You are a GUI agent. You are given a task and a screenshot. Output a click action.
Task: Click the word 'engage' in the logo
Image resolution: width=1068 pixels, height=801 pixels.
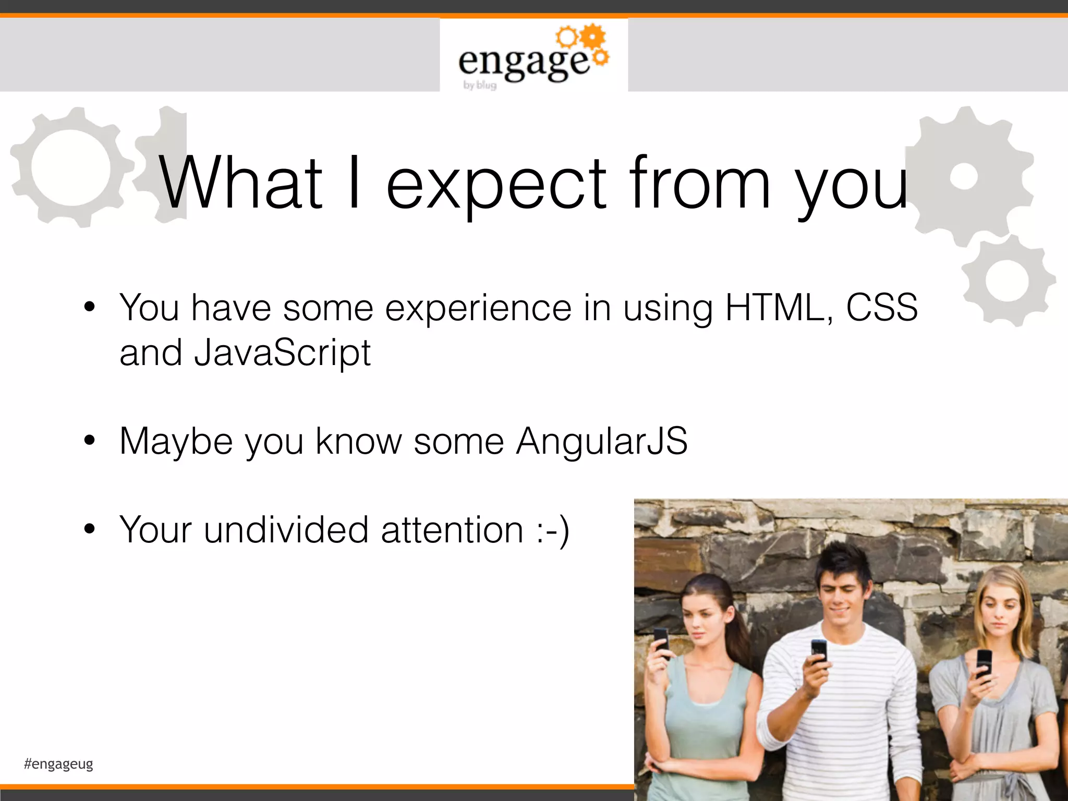(x=523, y=63)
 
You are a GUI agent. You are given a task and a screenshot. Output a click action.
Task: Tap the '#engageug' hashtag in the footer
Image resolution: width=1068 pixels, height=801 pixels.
(x=58, y=764)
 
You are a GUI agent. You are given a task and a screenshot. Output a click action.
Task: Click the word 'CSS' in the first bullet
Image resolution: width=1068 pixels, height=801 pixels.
(x=882, y=308)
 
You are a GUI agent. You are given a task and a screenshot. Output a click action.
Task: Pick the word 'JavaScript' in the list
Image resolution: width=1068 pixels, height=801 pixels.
(x=282, y=353)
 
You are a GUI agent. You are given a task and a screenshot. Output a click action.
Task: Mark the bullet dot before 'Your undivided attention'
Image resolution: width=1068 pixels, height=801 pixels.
(x=90, y=529)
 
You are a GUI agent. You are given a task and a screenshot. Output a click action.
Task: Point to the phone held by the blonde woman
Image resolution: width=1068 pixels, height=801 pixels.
(x=984, y=663)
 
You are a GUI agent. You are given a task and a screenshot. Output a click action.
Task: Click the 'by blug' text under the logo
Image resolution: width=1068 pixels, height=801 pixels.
(x=480, y=85)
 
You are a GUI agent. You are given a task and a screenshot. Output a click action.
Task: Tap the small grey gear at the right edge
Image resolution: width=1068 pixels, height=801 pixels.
(x=1007, y=281)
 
